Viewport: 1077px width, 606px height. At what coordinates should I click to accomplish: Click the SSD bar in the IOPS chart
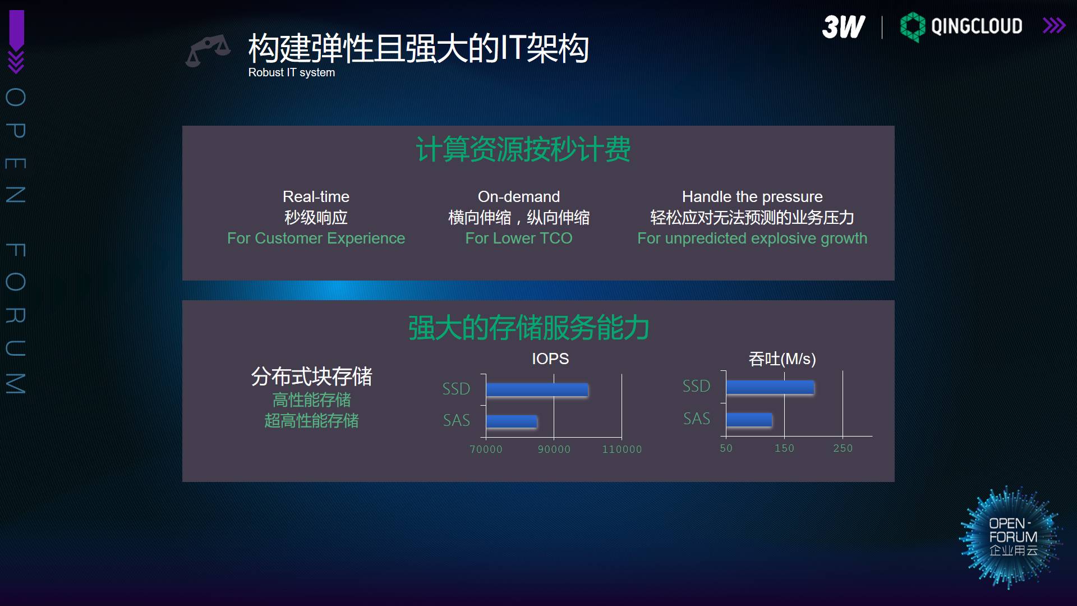click(537, 390)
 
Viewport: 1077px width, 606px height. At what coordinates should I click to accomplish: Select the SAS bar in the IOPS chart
click(512, 421)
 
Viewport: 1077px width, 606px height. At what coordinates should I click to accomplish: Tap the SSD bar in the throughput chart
click(770, 387)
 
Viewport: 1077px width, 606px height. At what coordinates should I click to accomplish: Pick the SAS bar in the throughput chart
click(749, 420)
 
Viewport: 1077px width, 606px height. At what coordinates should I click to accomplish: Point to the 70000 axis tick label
click(486, 449)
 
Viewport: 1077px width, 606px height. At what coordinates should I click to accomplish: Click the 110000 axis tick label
click(622, 449)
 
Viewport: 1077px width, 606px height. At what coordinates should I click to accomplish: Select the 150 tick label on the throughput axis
click(784, 448)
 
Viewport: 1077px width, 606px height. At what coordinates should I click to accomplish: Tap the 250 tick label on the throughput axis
click(843, 448)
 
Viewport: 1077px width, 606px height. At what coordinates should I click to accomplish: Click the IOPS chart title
click(550, 359)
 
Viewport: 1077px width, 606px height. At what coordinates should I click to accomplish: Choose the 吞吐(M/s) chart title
click(782, 359)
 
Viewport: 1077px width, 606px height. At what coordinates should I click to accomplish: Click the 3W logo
click(844, 26)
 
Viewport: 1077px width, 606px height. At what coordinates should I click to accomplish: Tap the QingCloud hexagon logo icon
click(913, 27)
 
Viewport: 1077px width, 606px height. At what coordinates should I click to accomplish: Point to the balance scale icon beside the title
click(208, 50)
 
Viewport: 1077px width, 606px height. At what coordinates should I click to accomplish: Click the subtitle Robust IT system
click(292, 72)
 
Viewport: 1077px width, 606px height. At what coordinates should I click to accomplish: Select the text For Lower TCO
click(519, 238)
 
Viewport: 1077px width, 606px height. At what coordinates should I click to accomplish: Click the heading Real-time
click(316, 196)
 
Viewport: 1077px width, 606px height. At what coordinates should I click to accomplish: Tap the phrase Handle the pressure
click(752, 196)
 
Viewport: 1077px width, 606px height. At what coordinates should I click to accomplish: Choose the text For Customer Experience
click(316, 238)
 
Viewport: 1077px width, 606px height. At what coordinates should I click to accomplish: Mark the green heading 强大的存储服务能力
click(529, 328)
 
